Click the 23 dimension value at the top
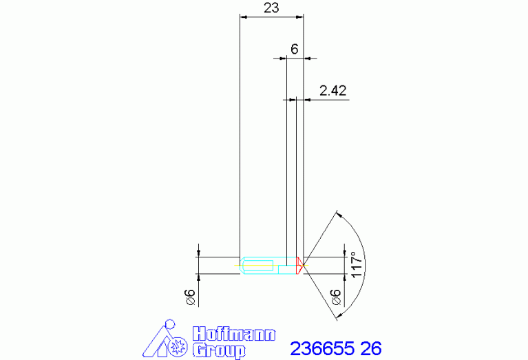271,8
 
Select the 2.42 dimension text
332,91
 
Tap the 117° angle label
357,264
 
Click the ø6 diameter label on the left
191,297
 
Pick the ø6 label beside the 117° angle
336,297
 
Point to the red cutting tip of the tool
299,266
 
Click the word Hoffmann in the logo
234,334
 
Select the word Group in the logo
219,350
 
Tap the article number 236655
322,348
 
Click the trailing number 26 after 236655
371,348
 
